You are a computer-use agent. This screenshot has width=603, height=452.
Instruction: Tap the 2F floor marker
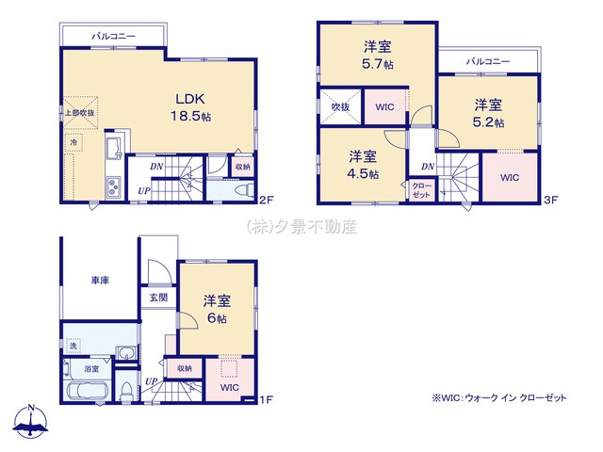[x=267, y=199]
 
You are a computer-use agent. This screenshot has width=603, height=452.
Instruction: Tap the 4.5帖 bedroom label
[x=363, y=165]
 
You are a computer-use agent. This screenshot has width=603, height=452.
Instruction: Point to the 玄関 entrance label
[x=157, y=298]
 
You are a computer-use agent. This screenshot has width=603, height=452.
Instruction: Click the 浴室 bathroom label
[x=92, y=369]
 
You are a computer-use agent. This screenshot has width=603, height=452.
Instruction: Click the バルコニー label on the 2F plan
[x=113, y=36]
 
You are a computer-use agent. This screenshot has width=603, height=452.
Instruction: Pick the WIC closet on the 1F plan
[x=230, y=387]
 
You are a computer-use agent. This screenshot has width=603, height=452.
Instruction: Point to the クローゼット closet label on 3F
[x=421, y=191]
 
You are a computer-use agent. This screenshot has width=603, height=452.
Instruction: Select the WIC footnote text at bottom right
[x=499, y=398]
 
